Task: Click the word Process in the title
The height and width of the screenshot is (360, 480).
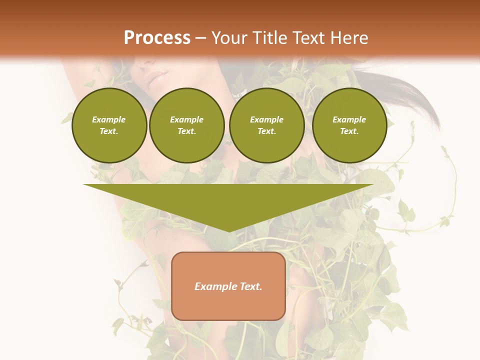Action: (x=157, y=38)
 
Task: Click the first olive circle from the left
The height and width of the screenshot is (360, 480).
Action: (x=109, y=125)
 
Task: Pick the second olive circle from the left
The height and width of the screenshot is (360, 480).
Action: (x=187, y=125)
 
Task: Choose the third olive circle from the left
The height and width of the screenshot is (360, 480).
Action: (x=266, y=125)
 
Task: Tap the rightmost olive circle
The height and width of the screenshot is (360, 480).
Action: (x=349, y=125)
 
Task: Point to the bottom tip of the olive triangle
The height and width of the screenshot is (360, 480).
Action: (x=228, y=231)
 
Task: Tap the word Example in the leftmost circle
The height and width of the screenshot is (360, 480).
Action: (x=109, y=119)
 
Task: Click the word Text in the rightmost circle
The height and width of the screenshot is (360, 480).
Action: (x=349, y=131)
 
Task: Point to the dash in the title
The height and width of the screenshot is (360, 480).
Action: (x=201, y=38)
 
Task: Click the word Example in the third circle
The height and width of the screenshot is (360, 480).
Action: (x=266, y=119)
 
